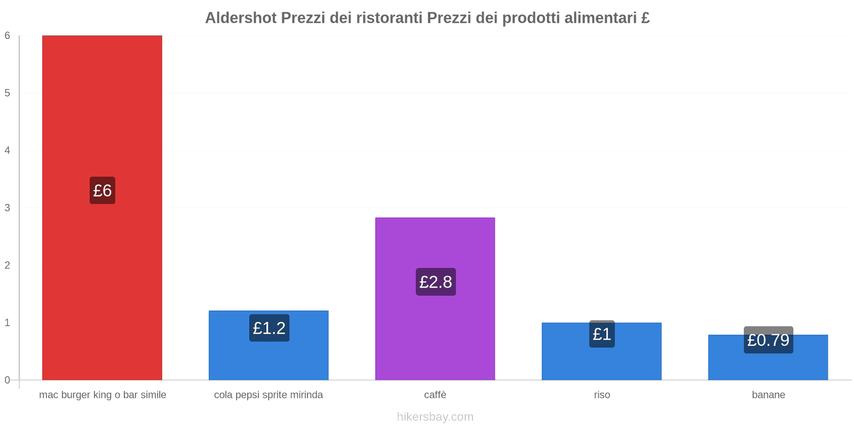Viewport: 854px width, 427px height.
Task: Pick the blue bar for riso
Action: point(602,363)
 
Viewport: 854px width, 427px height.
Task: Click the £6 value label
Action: point(102,191)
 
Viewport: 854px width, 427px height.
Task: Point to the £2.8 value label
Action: point(436,282)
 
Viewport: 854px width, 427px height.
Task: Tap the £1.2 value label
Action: point(269,328)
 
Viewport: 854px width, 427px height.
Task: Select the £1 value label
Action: point(602,334)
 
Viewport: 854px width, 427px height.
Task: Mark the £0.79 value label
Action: point(768,340)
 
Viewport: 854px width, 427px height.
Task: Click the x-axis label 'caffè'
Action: point(435,395)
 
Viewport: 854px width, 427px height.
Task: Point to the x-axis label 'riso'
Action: point(602,395)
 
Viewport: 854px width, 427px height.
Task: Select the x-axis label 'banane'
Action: point(768,395)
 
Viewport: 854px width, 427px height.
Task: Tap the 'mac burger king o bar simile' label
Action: point(102,395)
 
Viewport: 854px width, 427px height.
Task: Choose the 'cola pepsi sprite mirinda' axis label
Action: point(268,395)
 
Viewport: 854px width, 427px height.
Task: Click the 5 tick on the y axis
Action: point(7,93)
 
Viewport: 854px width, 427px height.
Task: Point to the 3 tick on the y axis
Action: point(7,208)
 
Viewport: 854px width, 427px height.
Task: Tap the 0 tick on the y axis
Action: point(7,380)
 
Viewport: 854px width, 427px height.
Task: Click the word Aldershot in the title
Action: point(241,18)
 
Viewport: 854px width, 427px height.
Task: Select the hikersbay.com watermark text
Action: point(435,417)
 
